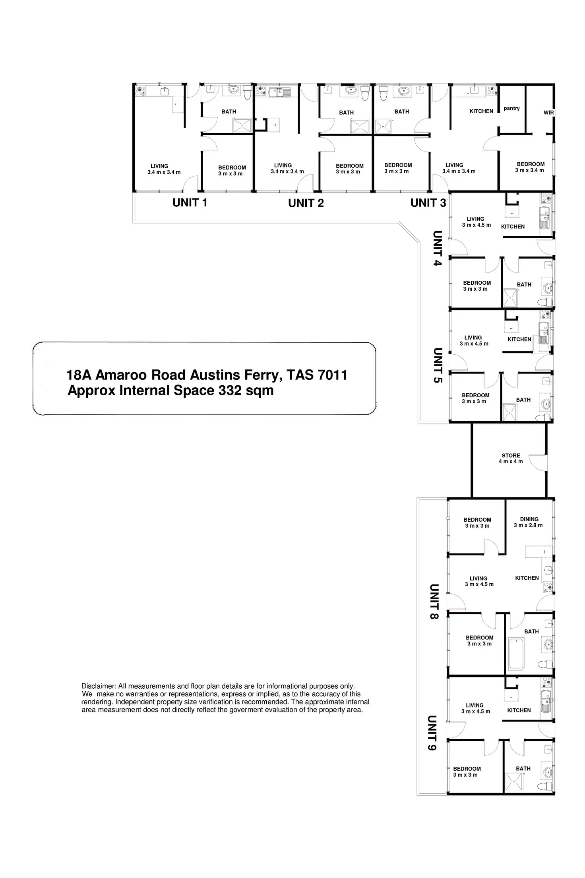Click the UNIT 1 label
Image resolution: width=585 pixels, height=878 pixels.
click(x=190, y=203)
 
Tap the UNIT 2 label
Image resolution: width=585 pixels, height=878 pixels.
click(x=306, y=203)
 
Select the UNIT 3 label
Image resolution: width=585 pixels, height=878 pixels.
click(x=428, y=203)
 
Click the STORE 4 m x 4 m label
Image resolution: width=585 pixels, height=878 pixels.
click(x=511, y=458)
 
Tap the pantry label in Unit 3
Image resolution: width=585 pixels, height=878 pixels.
click(x=511, y=108)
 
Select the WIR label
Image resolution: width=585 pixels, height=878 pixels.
click(x=548, y=113)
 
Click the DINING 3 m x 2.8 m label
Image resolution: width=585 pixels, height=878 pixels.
click(x=529, y=522)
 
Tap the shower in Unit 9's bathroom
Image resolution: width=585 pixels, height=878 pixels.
click(x=514, y=781)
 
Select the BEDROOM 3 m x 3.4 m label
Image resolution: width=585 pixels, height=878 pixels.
click(x=530, y=167)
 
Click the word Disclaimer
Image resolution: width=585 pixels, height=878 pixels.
click(x=99, y=686)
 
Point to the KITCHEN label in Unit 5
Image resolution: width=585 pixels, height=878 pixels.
click(x=519, y=339)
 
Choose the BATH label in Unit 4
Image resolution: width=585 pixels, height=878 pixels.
click(x=524, y=285)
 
